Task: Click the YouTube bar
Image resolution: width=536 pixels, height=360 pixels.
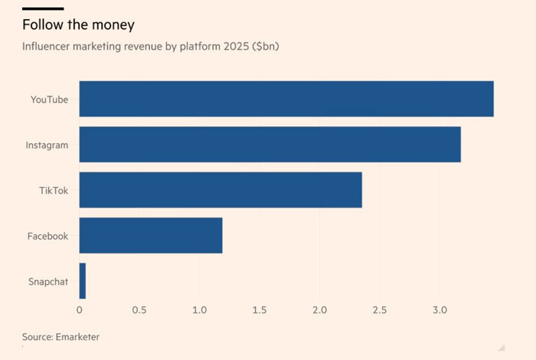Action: pyautogui.click(x=286, y=99)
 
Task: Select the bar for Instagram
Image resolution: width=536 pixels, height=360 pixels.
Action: pyautogui.click(x=270, y=145)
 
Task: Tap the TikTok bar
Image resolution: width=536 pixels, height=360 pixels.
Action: pyautogui.click(x=221, y=190)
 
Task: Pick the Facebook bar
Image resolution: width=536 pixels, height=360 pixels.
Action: pyautogui.click(x=151, y=235)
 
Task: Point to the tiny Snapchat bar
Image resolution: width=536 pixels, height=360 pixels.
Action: pyautogui.click(x=83, y=281)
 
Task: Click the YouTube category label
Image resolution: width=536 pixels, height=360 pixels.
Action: pyautogui.click(x=49, y=100)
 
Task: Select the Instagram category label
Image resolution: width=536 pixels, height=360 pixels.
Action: pyautogui.click(x=47, y=145)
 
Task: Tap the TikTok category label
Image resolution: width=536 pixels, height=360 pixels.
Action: pyautogui.click(x=54, y=191)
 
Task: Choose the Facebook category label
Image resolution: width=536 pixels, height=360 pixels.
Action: pyautogui.click(x=47, y=236)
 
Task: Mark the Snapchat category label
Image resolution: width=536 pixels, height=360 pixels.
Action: pyautogui.click(x=47, y=282)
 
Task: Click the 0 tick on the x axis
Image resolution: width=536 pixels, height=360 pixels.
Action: pyautogui.click(x=80, y=310)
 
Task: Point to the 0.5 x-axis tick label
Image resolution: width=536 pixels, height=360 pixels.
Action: pyautogui.click(x=139, y=310)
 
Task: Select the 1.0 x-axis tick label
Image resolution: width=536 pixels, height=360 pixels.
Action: pyautogui.click(x=199, y=310)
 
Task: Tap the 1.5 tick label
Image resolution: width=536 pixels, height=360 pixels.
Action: pyautogui.click(x=260, y=310)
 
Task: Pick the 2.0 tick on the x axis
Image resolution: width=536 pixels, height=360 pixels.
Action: pyautogui.click(x=319, y=310)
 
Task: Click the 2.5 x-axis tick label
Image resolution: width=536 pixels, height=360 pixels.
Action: pyautogui.click(x=379, y=310)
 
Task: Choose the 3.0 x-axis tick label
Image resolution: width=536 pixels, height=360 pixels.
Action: pyautogui.click(x=439, y=310)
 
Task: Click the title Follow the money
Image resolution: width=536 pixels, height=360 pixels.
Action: pyautogui.click(x=78, y=25)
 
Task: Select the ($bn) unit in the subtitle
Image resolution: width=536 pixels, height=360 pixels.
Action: pyautogui.click(x=267, y=47)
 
